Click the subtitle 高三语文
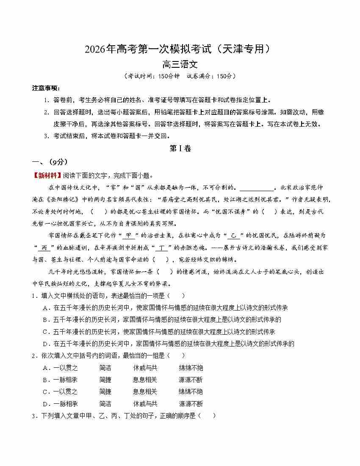(180, 64)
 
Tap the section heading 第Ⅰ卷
(180, 148)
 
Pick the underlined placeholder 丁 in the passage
(161, 248)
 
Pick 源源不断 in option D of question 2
(191, 404)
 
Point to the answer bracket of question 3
(206, 416)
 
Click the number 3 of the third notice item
(46, 136)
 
